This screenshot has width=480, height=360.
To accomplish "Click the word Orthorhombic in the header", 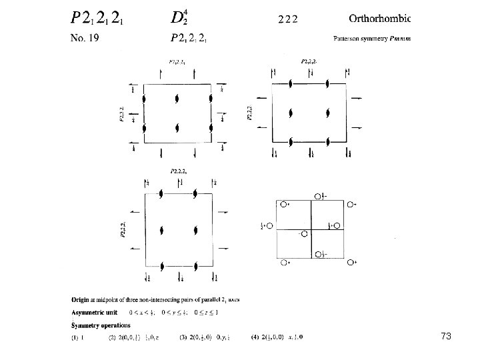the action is pos(380,17).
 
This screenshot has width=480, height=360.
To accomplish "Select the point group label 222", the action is pos(287,19).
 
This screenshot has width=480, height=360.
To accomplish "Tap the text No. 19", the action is pos(85,38).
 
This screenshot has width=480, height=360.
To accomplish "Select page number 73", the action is pos(446,337).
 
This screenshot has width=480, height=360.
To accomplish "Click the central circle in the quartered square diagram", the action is pos(304,234).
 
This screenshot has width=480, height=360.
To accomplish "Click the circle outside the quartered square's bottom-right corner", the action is pos(351,263).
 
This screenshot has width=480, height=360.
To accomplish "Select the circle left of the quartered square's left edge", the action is pos(271,226).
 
